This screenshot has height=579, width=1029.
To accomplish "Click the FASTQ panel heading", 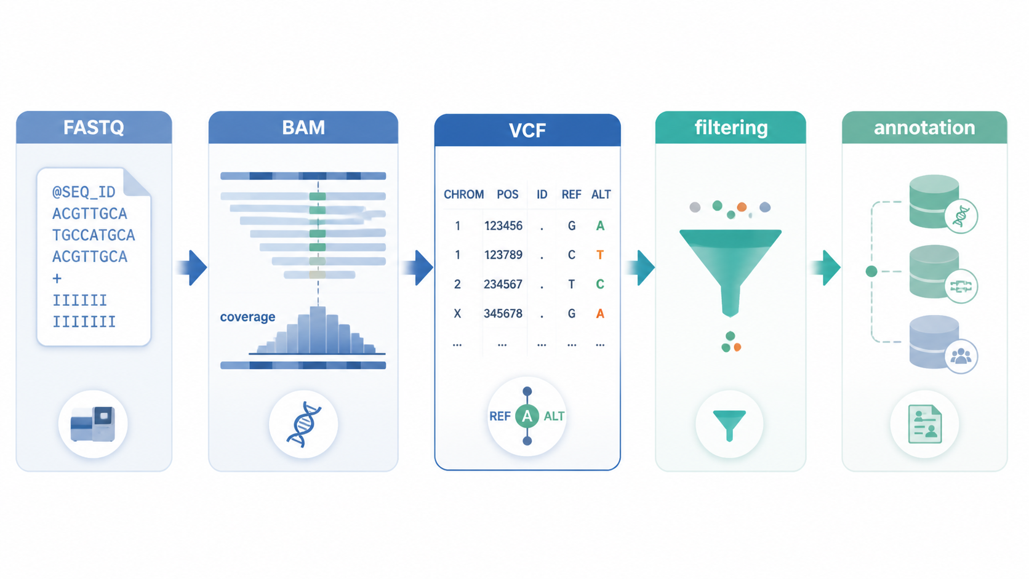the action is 94,127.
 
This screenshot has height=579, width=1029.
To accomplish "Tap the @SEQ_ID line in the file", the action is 84,192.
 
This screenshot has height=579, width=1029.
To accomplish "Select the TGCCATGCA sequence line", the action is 94,235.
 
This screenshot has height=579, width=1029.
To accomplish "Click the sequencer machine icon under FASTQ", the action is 92,424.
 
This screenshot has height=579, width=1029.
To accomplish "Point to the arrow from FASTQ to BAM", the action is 191,268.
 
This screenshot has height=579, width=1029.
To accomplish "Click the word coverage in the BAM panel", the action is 247,317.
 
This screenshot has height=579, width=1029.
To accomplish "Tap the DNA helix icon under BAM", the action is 303,425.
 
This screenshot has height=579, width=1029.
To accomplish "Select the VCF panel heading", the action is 527,130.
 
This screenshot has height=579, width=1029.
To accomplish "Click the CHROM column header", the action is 463,194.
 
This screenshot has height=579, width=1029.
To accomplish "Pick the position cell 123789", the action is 503,255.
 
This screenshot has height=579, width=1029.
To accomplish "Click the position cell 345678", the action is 503,314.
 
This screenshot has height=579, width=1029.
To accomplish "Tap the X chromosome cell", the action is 457,314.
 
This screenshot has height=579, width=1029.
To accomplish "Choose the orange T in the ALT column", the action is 600,255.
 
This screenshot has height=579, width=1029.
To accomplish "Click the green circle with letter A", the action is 527,416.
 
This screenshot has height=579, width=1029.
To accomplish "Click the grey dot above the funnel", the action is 695,207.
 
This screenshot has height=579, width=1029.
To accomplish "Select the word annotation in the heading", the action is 924,127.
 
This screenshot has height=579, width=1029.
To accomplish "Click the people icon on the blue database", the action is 961,356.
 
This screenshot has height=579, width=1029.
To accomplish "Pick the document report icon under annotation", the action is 925,424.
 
